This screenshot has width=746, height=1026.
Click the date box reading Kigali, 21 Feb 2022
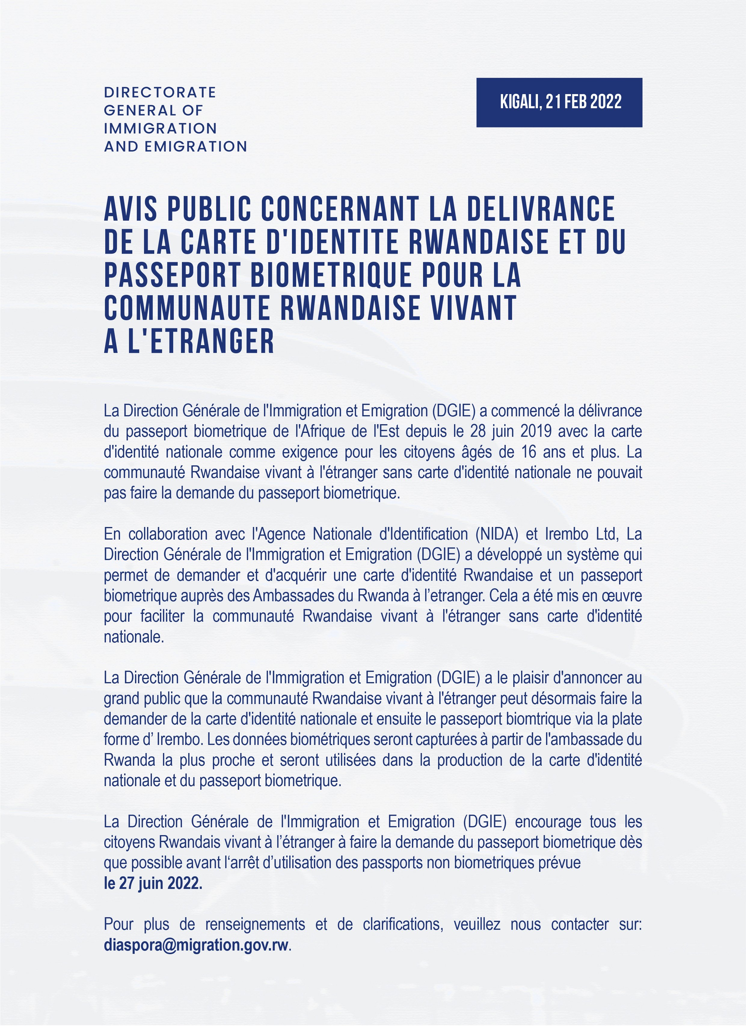click(x=559, y=102)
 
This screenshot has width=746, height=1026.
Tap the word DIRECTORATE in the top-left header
click(x=160, y=92)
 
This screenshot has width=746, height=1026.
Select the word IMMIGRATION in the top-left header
click(x=161, y=128)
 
